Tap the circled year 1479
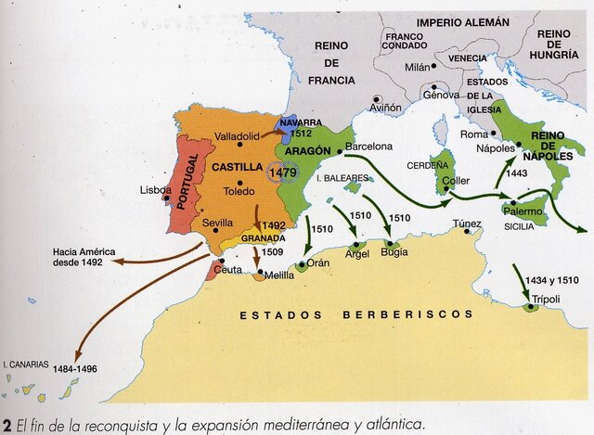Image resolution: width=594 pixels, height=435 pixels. (282, 173)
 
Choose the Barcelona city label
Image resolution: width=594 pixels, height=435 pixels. (369, 147)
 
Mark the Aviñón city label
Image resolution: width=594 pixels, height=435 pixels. (385, 108)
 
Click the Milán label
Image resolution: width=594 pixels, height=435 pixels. (419, 68)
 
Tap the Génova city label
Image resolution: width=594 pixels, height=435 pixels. (441, 95)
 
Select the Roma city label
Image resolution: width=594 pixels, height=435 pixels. (473, 134)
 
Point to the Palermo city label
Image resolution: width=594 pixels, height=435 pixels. (522, 211)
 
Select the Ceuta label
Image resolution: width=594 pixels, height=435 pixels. (227, 269)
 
